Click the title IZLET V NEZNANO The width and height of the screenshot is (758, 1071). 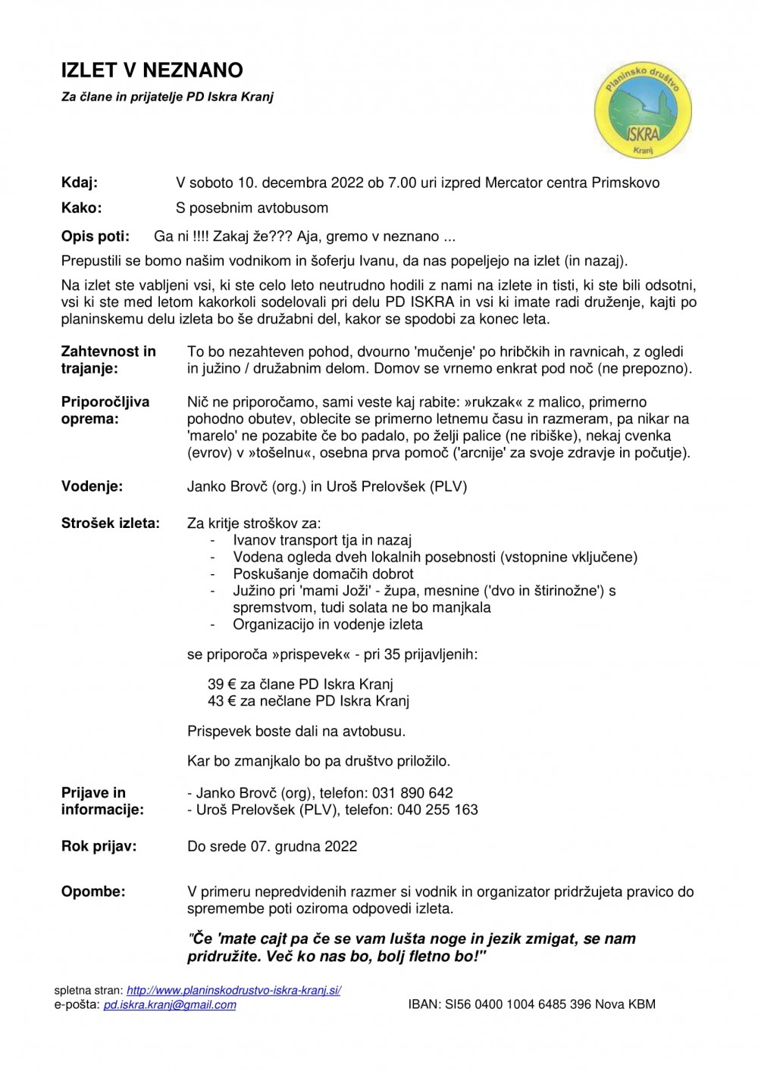(152, 70)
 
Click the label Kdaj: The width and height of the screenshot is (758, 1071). (80, 183)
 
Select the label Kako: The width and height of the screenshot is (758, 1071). (81, 208)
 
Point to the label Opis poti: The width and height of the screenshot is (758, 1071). (96, 236)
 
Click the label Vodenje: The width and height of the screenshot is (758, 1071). (92, 486)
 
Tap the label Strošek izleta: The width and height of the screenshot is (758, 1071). (111, 523)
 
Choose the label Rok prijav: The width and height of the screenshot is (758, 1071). (99, 846)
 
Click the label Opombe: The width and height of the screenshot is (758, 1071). (93, 891)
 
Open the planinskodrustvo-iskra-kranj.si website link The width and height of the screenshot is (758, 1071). (233, 990)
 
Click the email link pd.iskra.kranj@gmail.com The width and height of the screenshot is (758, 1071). (170, 1004)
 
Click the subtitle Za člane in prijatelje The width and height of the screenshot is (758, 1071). (167, 97)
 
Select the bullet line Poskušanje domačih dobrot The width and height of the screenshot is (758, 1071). (323, 574)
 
